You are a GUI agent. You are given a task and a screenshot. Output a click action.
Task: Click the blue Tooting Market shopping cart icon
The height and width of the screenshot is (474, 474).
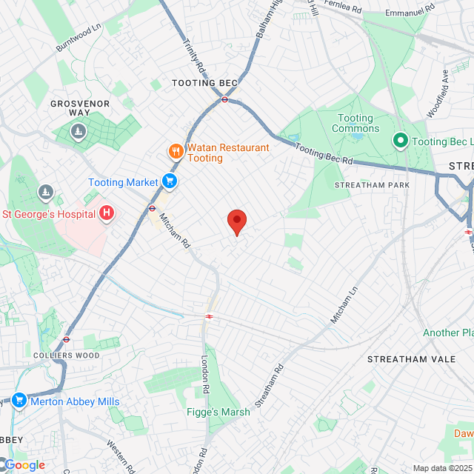coord(170,181)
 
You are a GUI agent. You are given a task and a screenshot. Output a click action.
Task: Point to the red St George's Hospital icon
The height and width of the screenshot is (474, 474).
coord(107,214)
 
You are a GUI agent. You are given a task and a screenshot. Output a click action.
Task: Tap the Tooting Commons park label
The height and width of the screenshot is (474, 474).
coord(355,123)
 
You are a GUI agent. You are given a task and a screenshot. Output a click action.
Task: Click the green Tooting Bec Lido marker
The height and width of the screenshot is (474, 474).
coord(401,141)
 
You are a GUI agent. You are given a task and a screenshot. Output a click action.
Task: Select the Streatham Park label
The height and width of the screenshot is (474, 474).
coord(372,184)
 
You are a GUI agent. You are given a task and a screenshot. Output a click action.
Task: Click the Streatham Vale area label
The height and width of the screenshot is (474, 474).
coord(404,358)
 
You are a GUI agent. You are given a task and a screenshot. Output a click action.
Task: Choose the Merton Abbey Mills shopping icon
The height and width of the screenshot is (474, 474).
coord(19,401)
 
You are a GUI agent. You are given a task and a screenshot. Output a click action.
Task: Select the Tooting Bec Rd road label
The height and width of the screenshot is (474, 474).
coord(325,155)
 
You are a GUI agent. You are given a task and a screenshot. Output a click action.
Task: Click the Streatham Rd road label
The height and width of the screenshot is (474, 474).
coord(270,385)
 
